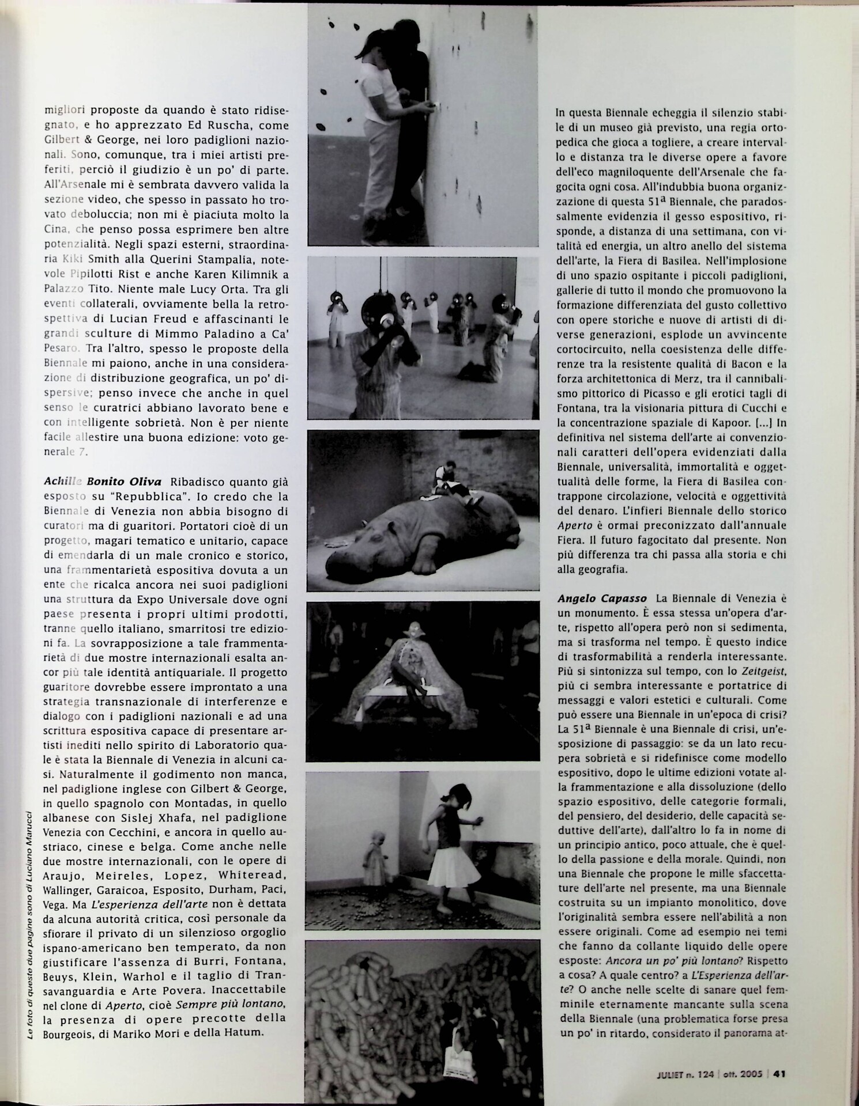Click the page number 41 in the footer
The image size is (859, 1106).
[x=780, y=1073]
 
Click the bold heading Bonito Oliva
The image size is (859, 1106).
[x=123, y=482]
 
